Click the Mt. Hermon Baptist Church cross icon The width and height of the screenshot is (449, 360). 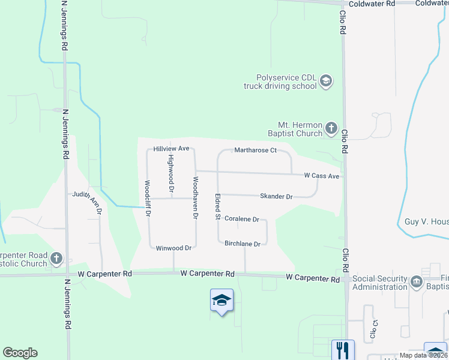point(331,128)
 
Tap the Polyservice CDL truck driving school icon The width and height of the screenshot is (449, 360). point(326,81)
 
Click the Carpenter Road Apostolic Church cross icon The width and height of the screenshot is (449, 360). point(56,259)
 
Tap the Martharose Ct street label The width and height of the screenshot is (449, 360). point(255,150)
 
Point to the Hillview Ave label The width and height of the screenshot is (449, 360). point(171,148)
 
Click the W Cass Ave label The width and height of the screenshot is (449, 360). point(322,176)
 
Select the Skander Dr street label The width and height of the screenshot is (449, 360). point(276,196)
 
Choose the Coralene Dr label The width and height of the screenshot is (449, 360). point(241,220)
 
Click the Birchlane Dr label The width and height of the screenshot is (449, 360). point(243,244)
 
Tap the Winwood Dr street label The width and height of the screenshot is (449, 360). point(173,248)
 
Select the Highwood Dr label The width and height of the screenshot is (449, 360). point(171,169)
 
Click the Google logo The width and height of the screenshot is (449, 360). point(20,353)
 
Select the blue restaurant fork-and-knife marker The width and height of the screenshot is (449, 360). point(343,349)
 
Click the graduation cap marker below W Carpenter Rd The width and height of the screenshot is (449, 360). point(221,301)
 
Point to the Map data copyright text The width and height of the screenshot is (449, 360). point(423,355)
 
